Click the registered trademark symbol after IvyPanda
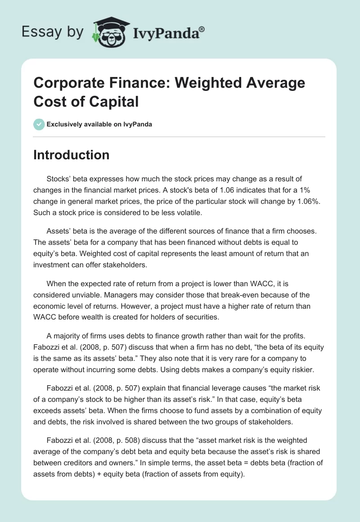click(x=202, y=29)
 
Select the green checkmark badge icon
click(x=39, y=124)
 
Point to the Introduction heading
click(x=72, y=155)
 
